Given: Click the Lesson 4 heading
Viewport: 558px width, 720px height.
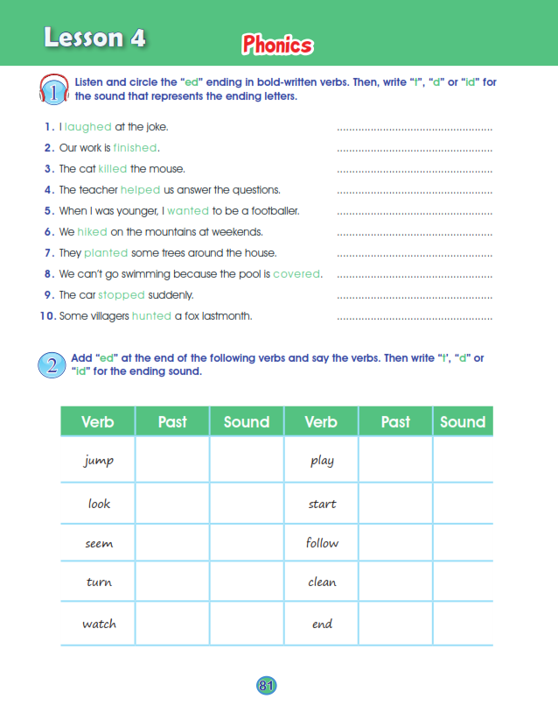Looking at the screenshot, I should pyautogui.click(x=94, y=38).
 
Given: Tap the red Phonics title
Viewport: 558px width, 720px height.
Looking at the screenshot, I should pyautogui.click(x=277, y=45).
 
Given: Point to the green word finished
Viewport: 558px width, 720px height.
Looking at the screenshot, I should pyautogui.click(x=136, y=148).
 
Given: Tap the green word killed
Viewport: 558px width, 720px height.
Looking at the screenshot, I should pyautogui.click(x=113, y=169).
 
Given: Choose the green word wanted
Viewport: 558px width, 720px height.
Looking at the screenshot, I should pyautogui.click(x=187, y=211).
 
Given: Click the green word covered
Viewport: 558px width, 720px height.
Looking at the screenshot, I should pyautogui.click(x=297, y=274).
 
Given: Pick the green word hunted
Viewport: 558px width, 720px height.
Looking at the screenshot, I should pyautogui.click(x=151, y=316).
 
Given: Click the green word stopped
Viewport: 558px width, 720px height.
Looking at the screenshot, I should pyautogui.click(x=122, y=295).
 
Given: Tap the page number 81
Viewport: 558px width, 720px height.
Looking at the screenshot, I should pyautogui.click(x=267, y=685).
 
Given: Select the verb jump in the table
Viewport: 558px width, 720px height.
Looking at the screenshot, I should pyautogui.click(x=99, y=461).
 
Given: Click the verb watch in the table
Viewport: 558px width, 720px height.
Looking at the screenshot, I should pyautogui.click(x=99, y=625).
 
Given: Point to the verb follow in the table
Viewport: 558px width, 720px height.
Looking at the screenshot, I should pyautogui.click(x=322, y=543).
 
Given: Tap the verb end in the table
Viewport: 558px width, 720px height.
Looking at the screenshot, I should pyautogui.click(x=322, y=625).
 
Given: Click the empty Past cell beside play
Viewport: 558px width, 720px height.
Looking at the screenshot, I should pyautogui.click(x=395, y=461).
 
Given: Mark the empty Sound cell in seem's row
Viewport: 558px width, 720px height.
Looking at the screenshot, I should pyautogui.click(x=247, y=543).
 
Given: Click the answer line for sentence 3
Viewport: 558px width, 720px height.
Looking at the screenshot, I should pyautogui.click(x=415, y=171).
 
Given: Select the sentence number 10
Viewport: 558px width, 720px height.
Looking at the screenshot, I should pyautogui.click(x=47, y=316).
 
